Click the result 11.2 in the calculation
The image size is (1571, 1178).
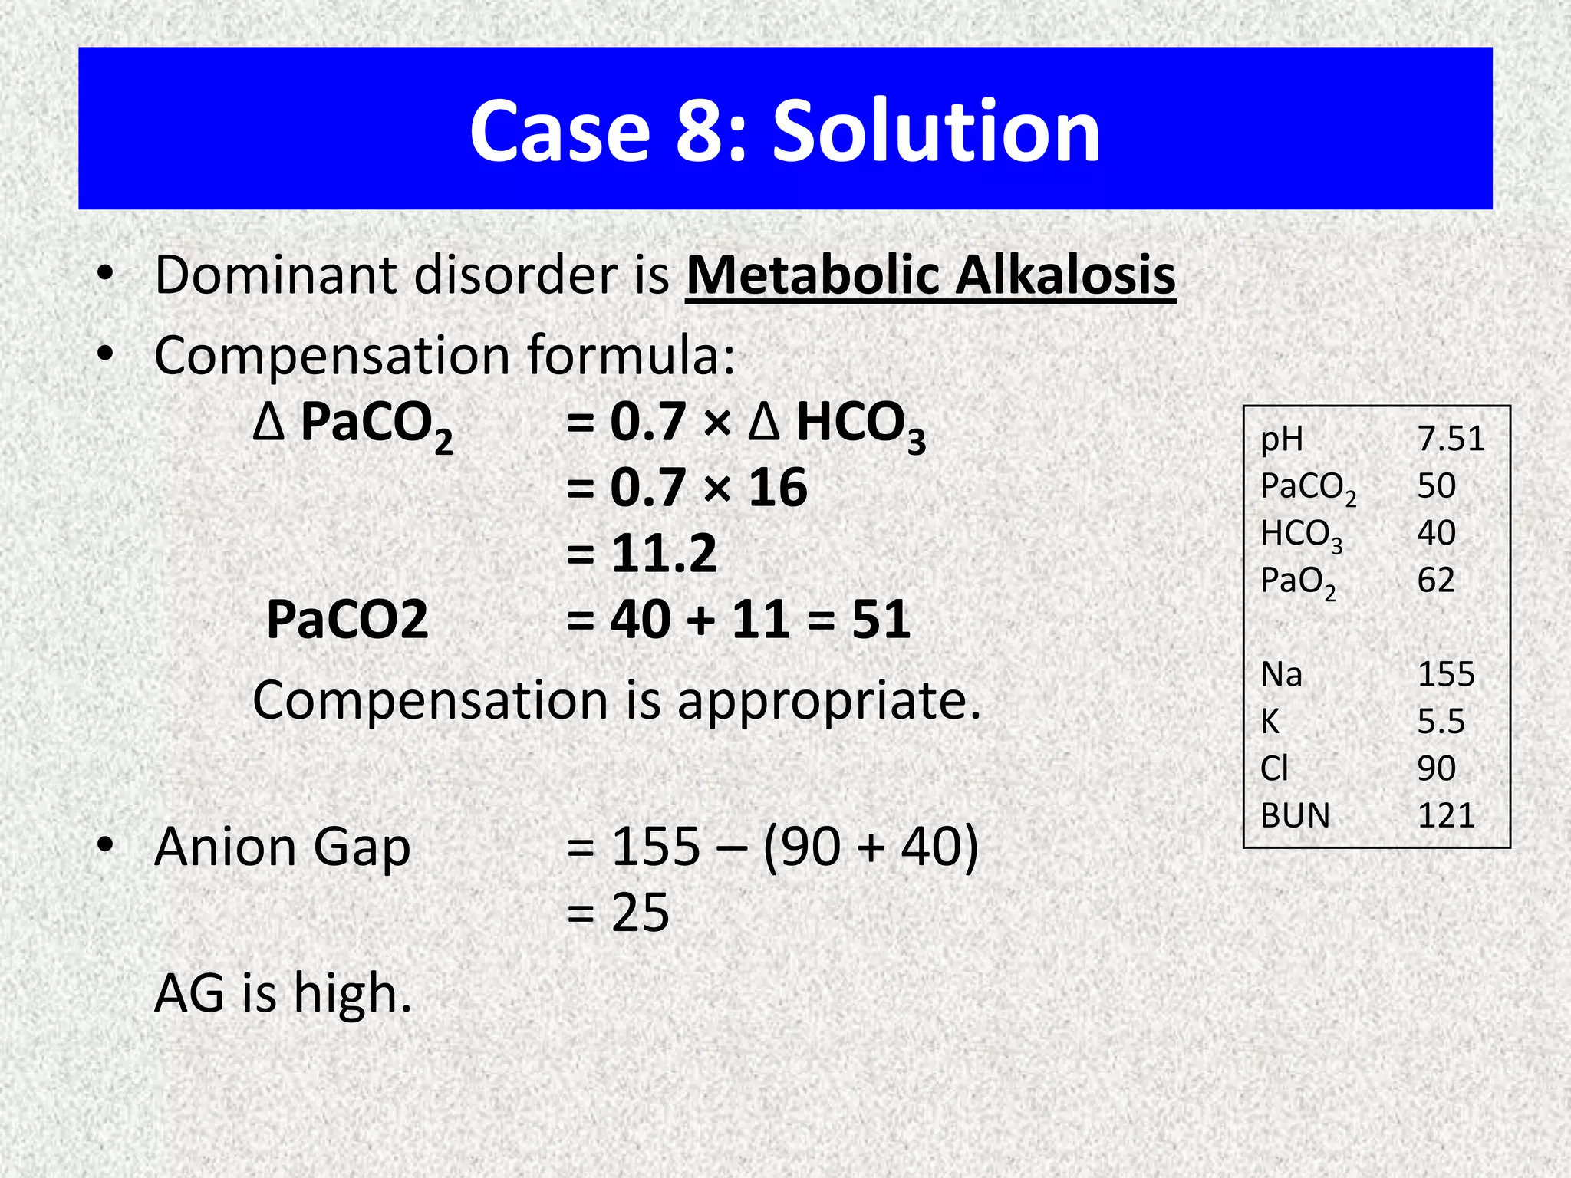click(x=664, y=553)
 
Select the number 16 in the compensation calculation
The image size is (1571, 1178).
click(x=778, y=488)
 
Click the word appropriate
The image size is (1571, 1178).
click(x=828, y=701)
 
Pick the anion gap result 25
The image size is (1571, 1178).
click(x=640, y=913)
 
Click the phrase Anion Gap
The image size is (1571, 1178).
click(x=282, y=847)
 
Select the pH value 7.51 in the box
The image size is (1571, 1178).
click(x=1451, y=439)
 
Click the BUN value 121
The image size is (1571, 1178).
click(x=1446, y=815)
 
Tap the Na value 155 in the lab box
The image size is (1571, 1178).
click(x=1446, y=674)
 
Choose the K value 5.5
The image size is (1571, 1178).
click(x=1441, y=721)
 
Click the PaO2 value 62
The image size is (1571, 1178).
click(x=1436, y=580)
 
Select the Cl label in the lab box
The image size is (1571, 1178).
click(x=1274, y=768)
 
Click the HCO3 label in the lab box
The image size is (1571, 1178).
click(x=1301, y=535)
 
